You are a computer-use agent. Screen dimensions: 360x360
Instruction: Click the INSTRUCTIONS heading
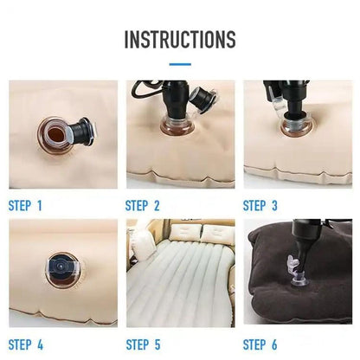[179, 39]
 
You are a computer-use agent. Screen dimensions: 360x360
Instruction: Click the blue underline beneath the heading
[179, 63]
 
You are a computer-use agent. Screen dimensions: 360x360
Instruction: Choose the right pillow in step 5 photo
[212, 230]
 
